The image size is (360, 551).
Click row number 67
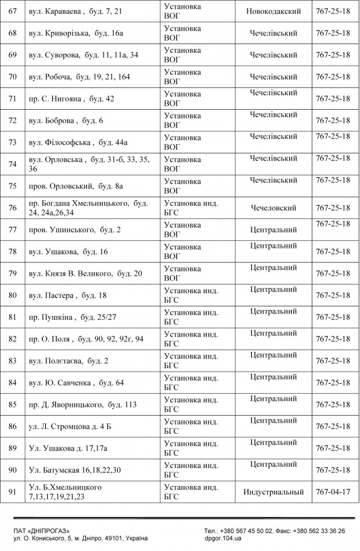pyautogui.click(x=12, y=12)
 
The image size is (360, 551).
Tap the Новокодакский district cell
pyautogui.click(x=273, y=12)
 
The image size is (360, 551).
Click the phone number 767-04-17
pyautogui.click(x=333, y=492)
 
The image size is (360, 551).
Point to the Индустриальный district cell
pyautogui.click(x=273, y=492)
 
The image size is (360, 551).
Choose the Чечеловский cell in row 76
pyautogui.click(x=273, y=208)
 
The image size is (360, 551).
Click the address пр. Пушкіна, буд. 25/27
pyautogui.click(x=73, y=317)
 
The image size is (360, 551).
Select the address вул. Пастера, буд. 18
pyautogui.click(x=68, y=296)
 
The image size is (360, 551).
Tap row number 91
pyautogui.click(x=12, y=492)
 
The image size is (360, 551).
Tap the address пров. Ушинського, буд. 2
pyautogui.click(x=75, y=230)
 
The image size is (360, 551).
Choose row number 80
pyautogui.click(x=12, y=296)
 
